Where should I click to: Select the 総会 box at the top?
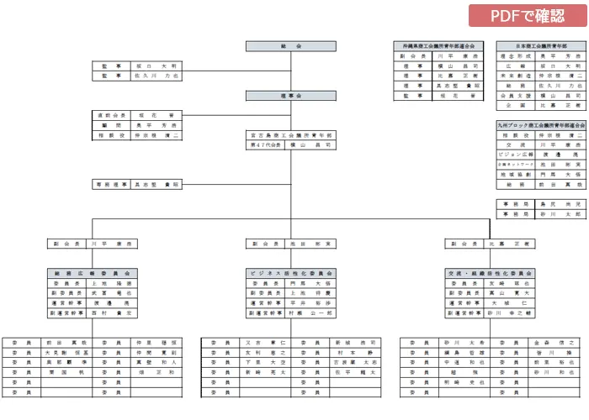click(290, 45)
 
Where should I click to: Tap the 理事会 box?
click(290, 97)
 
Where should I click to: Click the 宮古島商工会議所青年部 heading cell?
click(290, 134)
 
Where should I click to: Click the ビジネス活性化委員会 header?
click(290, 273)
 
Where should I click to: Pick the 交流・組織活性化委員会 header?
click(490, 273)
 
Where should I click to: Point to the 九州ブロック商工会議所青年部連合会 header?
click(540, 124)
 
